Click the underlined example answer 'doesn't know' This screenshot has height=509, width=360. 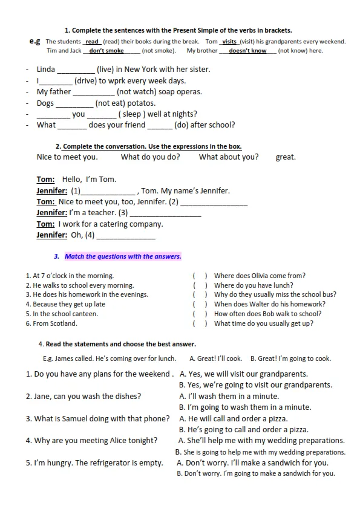(247, 51)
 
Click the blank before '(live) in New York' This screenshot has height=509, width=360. (76, 70)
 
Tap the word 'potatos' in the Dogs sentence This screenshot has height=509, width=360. (141, 103)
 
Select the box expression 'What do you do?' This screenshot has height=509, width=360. (151, 157)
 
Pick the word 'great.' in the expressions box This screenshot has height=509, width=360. (286, 157)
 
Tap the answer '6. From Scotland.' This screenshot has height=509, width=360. (51, 323)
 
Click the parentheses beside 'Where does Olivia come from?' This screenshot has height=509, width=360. (200, 276)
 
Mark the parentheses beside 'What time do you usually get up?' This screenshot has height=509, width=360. (200, 323)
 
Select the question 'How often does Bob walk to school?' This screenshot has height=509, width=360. (267, 314)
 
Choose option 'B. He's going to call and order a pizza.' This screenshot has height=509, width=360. (244, 430)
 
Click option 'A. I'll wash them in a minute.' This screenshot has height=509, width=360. (229, 397)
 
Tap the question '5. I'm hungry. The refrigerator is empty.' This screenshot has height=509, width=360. (94, 463)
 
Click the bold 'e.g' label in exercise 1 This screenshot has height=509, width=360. (35, 41)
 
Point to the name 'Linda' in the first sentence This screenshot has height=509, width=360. (46, 70)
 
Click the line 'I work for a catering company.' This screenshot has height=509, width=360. (111, 224)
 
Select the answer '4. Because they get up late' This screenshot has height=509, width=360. (65, 304)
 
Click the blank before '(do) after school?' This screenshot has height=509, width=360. (160, 125)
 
